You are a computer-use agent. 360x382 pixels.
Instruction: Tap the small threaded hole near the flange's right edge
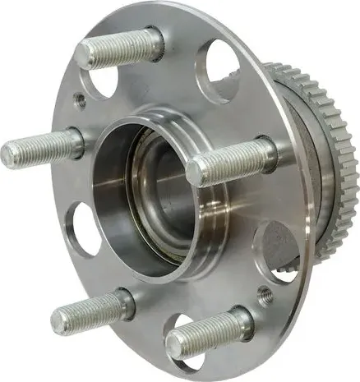coord(265,293)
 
